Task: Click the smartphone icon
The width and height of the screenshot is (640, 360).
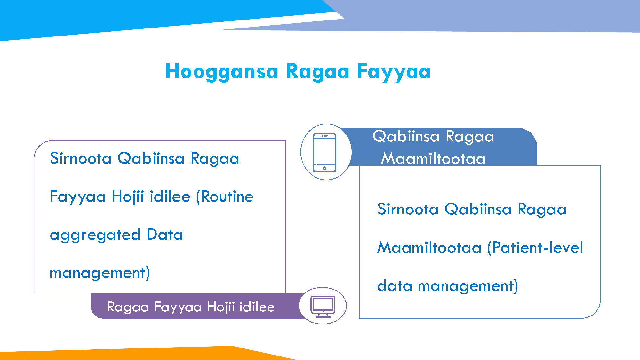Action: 324,152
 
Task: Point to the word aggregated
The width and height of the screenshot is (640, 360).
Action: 95,235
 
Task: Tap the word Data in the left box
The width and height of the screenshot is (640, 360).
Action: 165,234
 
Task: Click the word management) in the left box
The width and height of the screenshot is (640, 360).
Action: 100,273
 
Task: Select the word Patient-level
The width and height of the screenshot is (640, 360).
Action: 535,248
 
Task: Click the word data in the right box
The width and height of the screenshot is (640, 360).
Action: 395,285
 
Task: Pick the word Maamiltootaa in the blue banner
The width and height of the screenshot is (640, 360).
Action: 433,158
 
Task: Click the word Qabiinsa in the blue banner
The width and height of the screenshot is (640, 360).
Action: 406,136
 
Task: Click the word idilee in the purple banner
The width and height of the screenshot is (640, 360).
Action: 257,307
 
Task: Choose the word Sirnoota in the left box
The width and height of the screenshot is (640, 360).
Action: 81,158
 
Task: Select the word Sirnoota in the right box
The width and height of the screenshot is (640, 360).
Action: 408,209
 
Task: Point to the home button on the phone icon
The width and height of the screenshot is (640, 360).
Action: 324,168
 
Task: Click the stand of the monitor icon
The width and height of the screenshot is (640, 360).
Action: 323,316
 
